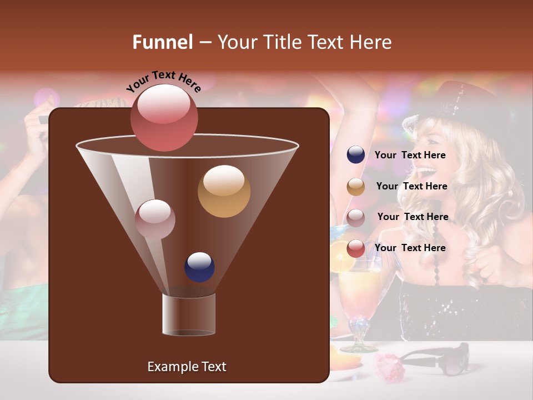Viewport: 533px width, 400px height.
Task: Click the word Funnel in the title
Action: tap(162, 42)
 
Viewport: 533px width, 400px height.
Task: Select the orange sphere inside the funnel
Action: tap(224, 191)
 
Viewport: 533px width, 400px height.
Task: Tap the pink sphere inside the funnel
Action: tap(155, 219)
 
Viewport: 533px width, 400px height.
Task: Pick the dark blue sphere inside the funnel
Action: tap(199, 267)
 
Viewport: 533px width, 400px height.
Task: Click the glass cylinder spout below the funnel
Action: tap(189, 314)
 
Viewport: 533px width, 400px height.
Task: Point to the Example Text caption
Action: tap(187, 367)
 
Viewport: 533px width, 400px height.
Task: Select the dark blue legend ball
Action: tap(356, 154)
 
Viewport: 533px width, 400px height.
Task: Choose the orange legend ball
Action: tap(356, 187)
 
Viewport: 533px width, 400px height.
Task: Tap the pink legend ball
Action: tap(356, 217)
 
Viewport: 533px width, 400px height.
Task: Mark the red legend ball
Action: tap(356, 248)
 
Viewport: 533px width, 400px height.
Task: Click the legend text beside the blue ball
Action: tap(410, 155)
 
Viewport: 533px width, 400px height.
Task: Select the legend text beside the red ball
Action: tap(410, 248)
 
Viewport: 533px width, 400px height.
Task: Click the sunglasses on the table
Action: tap(439, 358)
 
